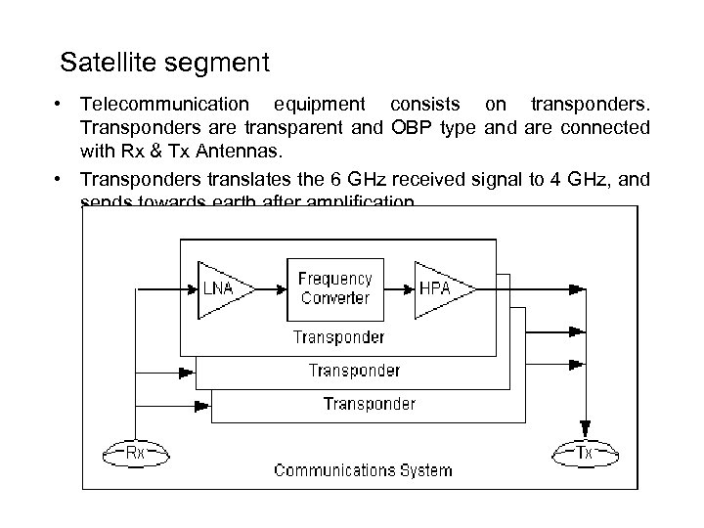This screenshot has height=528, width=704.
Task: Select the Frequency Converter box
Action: [x=335, y=287]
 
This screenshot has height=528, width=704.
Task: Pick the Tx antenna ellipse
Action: [x=585, y=453]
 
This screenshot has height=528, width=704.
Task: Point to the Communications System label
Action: [x=363, y=470]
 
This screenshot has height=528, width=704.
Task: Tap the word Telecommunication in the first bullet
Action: [x=164, y=104]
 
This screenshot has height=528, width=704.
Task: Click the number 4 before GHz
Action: [x=545, y=179]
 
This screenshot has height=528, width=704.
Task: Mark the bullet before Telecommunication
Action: [x=61, y=104]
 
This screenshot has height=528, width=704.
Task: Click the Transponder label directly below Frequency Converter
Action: [x=339, y=337]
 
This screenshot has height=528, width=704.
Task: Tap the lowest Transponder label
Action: [x=369, y=403]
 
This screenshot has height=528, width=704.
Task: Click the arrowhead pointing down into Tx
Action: [x=585, y=429]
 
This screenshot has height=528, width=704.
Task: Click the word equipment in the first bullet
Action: [x=320, y=104]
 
